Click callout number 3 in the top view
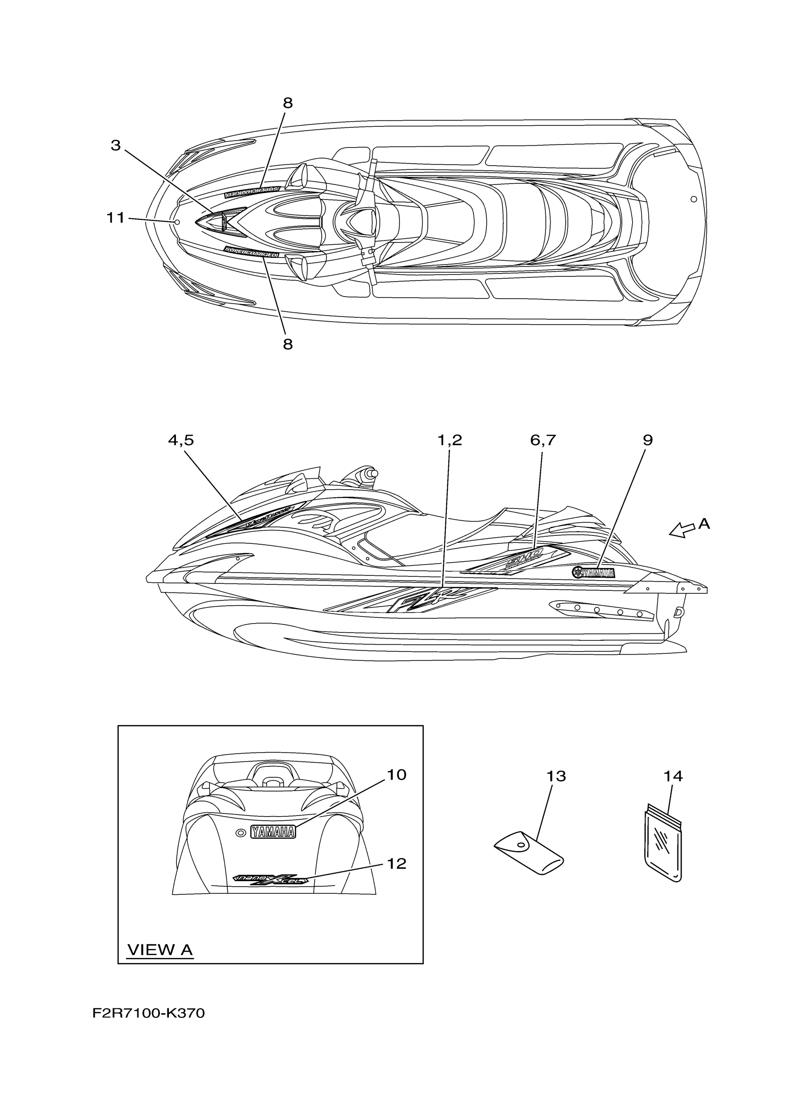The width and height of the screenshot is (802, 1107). (x=116, y=145)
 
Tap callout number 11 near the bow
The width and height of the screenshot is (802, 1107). (x=116, y=218)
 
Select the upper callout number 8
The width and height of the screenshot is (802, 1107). (x=287, y=103)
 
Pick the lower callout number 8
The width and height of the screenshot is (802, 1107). (x=287, y=344)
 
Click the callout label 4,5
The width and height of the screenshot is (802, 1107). (x=181, y=440)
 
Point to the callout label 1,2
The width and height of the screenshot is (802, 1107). (x=449, y=440)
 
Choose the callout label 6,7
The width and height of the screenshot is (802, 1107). (x=543, y=440)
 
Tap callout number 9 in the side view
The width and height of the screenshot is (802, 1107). (x=647, y=440)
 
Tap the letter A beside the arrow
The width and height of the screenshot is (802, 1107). (x=704, y=524)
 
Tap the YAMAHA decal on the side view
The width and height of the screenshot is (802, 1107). (x=594, y=573)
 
